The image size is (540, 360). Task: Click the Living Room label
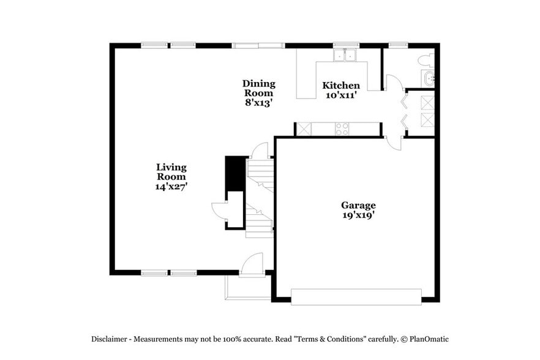(171, 171)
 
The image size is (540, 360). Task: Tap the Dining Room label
(258, 88)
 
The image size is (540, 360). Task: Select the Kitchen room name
(341, 86)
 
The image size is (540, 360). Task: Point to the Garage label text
(358, 206)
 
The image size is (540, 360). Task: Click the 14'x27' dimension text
(171, 187)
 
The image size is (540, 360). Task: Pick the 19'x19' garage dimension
(358, 216)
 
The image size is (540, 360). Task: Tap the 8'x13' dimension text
(258, 103)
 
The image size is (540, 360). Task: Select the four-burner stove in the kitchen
(342, 129)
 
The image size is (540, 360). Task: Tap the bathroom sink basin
(428, 78)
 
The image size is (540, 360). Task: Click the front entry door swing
(252, 264)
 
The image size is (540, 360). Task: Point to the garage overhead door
(356, 297)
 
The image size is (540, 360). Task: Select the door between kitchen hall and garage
(394, 143)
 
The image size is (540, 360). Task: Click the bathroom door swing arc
(393, 83)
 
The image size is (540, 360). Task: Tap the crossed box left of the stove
(303, 129)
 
